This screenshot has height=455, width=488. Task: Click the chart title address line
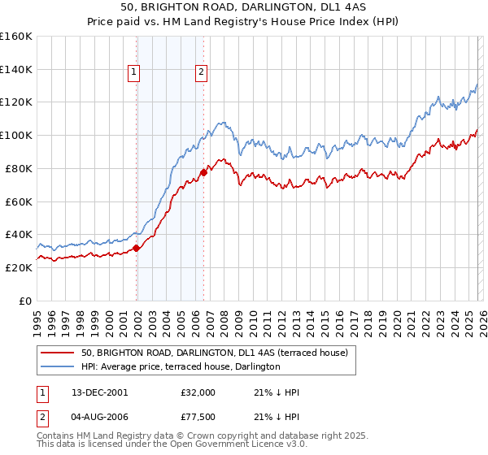point(244,7)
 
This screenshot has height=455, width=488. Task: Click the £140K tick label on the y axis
point(16,70)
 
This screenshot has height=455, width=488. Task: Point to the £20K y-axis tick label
point(19,267)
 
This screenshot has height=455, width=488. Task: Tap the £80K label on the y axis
point(19,168)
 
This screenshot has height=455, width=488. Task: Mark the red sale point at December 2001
point(137,248)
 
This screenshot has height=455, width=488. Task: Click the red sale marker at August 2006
point(203,172)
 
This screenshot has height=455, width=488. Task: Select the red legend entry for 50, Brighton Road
point(215,353)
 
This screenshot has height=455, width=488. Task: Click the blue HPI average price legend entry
point(181,366)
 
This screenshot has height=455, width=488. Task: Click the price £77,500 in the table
point(198,418)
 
